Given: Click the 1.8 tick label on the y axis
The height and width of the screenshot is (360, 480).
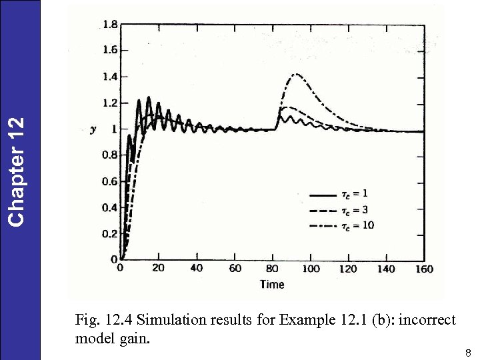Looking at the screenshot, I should point(110,25).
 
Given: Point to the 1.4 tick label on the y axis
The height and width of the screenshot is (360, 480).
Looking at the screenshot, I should point(110,77).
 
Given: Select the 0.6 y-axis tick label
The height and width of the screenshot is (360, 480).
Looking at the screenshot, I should point(110,182).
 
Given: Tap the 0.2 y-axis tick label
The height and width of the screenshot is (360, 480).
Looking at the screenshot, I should point(110,234).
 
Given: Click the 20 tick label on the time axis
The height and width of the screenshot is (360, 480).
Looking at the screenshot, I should point(158,269).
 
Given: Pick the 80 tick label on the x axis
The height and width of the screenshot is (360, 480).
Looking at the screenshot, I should point(273,269).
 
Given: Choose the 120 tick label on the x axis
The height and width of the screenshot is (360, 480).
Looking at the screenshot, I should point(348,269).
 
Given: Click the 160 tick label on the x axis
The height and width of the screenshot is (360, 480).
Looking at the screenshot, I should point(424,269).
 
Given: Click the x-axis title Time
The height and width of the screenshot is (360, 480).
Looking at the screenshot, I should point(272,285).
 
